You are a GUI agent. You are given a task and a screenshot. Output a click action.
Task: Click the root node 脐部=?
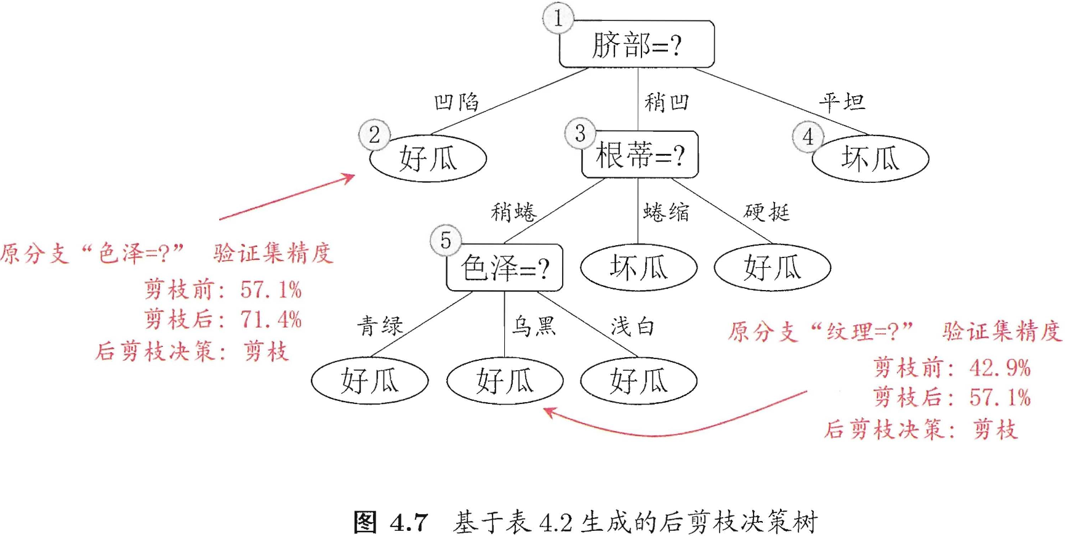tap(637, 45)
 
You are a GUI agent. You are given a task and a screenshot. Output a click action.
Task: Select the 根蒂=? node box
tap(640, 155)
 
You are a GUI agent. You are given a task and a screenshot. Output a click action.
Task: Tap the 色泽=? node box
tap(504, 268)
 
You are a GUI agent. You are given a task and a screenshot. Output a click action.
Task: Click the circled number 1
tap(558, 18)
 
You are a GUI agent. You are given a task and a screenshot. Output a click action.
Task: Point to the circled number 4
tap(808, 137)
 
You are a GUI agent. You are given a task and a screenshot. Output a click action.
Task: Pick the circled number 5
tap(445, 240)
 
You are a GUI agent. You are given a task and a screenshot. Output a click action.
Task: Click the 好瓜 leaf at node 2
tap(428, 159)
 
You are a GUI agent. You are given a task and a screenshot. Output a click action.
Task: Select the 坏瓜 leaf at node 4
tap(870, 159)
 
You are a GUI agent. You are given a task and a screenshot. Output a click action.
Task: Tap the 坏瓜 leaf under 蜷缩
tap(638, 268)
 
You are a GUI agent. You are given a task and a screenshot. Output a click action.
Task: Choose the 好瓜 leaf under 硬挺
tap(772, 268)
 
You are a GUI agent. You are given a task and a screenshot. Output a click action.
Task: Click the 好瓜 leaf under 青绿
tap(369, 381)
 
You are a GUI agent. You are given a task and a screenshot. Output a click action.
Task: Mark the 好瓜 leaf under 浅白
tap(638, 381)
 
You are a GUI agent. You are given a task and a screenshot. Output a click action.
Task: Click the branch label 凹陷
tap(456, 102)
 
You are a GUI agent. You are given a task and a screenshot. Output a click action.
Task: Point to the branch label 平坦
tap(842, 102)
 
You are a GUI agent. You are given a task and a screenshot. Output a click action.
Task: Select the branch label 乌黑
tap(534, 326)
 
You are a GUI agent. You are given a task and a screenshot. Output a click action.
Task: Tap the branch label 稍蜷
tap(513, 212)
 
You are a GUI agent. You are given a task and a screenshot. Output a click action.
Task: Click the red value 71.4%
tap(271, 320)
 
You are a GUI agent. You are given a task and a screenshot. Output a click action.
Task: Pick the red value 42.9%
tap(1000, 368)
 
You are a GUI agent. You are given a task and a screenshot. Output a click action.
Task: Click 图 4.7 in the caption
tap(390, 523)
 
